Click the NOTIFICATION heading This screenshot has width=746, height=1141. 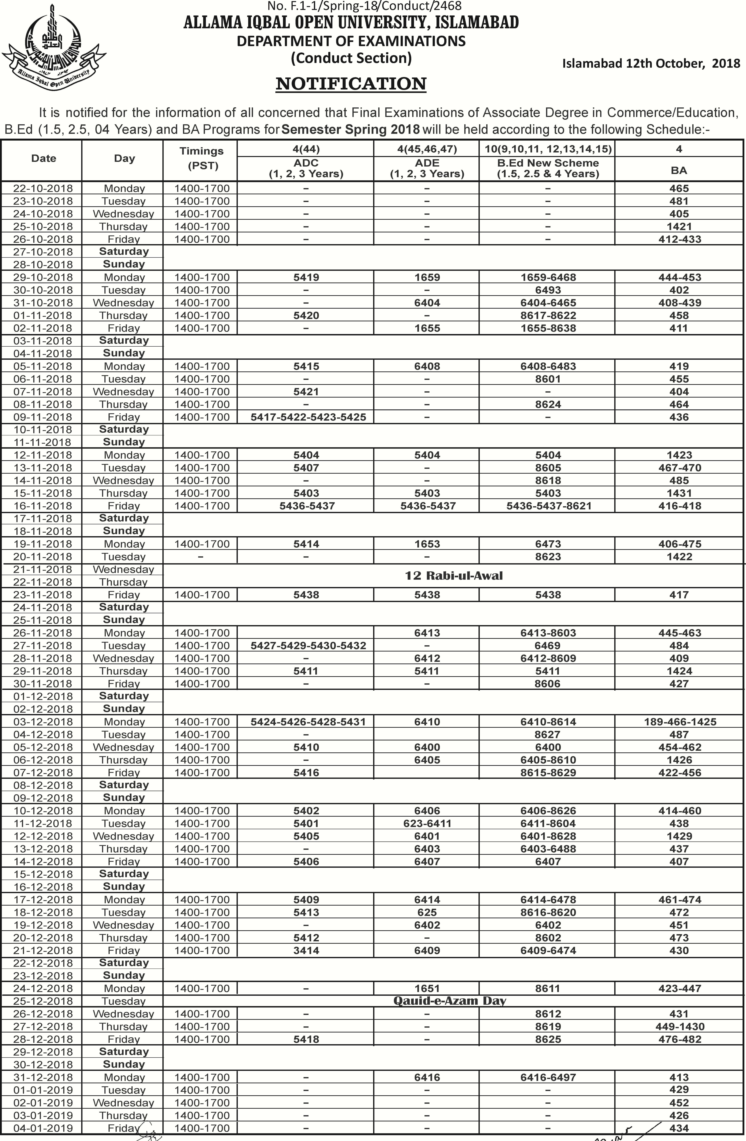[x=351, y=84]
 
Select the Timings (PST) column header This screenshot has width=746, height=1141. [x=201, y=158]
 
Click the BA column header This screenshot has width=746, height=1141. [x=679, y=170]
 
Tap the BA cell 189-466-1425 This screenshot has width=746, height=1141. [x=680, y=721]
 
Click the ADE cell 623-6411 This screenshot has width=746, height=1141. [x=427, y=823]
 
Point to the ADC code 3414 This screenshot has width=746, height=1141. [x=306, y=950]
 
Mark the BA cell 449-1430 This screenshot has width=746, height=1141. [x=679, y=1026]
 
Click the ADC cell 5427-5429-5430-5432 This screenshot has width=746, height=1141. [x=308, y=645]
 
